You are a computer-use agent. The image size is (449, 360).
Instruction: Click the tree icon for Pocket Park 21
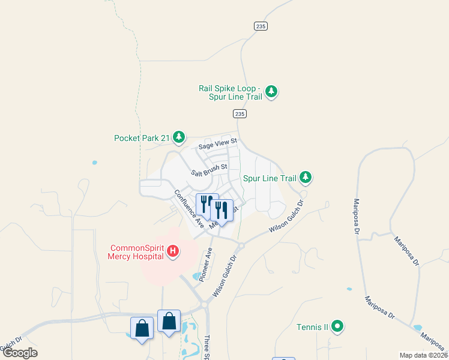coord(179,138)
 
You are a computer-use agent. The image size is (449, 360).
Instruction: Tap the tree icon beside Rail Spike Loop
coord(272,92)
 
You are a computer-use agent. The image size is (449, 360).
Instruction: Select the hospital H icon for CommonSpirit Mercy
coord(173,251)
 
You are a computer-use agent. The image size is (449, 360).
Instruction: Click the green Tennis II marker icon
coord(337,327)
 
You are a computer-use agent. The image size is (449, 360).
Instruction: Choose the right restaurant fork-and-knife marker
coord(221,209)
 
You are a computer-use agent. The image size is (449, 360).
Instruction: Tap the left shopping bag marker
coord(142,328)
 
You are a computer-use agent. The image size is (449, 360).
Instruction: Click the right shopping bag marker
coord(169,320)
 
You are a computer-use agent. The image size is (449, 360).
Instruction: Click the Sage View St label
coord(218,143)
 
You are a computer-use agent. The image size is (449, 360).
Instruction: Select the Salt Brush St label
coord(209,170)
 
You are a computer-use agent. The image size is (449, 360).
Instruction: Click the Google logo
coord(20,353)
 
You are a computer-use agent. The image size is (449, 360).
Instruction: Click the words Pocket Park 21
coord(142,138)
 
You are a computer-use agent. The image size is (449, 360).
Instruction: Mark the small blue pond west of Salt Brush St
coord(94,163)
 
